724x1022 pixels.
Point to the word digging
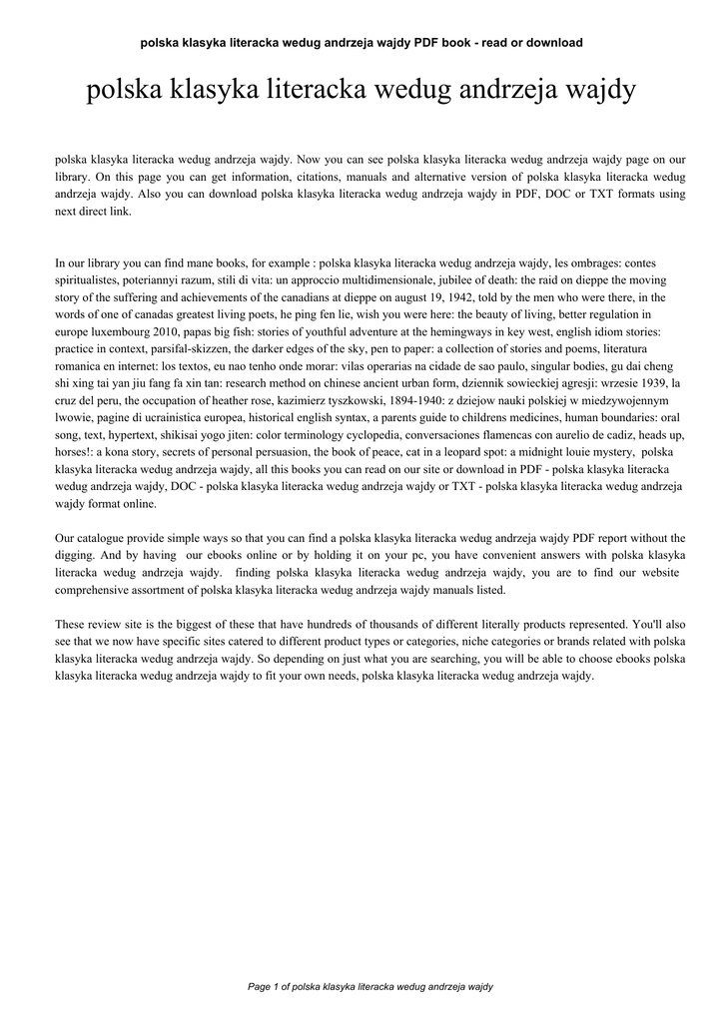pos(76,557)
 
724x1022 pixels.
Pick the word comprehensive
pos(95,591)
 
